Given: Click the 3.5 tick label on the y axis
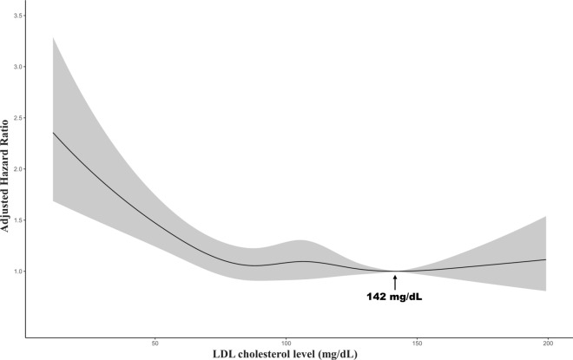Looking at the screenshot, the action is pos(17,16).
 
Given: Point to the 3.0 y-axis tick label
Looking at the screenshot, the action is pos(17,67).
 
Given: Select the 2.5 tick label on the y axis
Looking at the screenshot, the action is pos(17,118).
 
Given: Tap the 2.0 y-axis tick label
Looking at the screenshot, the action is pos(17,168).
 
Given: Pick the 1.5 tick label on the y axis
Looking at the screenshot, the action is pos(17,219).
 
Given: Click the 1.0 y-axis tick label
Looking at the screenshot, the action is pos(17,271).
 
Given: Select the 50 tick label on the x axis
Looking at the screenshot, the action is pos(155,344).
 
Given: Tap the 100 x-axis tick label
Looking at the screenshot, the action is pos(286,344).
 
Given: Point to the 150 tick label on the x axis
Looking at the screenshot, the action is pos(417,344).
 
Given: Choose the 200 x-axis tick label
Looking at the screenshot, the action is pos(548,344).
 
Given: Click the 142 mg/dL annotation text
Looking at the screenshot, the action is pos(395,297).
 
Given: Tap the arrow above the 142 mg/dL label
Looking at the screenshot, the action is pos(395,282).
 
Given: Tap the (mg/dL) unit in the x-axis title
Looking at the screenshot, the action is pos(338,354).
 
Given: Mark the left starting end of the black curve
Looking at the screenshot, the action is pos(53,133).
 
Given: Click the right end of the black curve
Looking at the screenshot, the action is pos(546,259).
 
